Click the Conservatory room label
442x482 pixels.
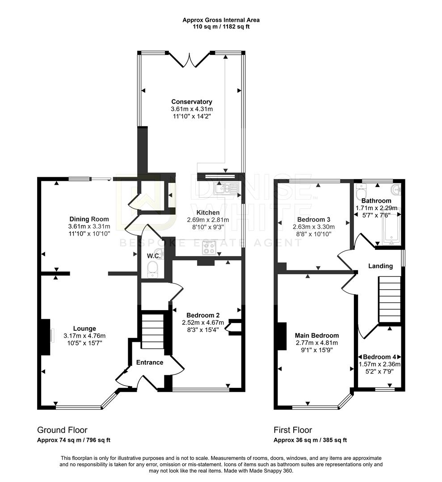(192, 102)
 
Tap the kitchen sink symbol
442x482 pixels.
(227, 189)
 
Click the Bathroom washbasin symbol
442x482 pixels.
(396, 190)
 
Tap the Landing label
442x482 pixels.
(380, 266)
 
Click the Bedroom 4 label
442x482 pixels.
(379, 357)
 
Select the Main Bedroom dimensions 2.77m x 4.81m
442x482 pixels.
(316, 343)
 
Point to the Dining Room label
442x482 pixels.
(89, 219)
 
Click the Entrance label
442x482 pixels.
(150, 362)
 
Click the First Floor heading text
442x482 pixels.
(293, 430)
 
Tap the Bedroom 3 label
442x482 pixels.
(314, 220)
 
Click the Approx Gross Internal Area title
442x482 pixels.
(221, 20)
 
